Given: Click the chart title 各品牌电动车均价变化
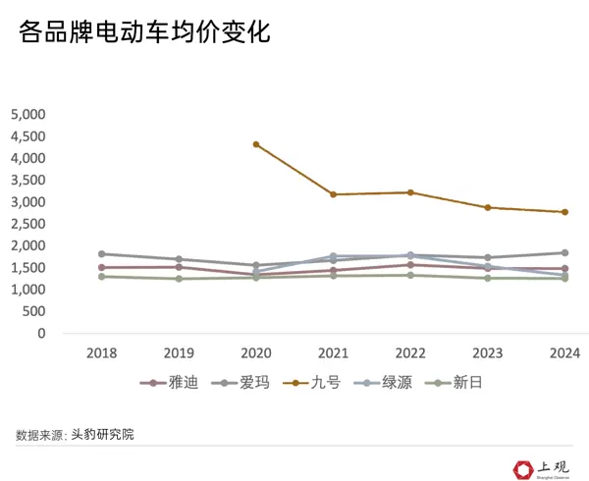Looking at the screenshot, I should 143,33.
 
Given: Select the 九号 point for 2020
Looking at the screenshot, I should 256,144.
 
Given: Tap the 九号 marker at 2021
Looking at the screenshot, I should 334,194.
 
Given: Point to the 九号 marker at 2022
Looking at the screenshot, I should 410,192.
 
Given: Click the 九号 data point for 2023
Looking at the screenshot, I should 488,207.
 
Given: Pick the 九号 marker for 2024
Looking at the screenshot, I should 565,212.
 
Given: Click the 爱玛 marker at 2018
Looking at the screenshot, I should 102,254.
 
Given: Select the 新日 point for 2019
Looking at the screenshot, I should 179,279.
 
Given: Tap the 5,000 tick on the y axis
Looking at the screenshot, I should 27,114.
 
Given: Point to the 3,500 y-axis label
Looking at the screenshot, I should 27,180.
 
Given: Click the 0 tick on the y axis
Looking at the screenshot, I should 41,334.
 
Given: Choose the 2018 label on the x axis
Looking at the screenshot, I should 102,352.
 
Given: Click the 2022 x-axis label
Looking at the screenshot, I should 410,352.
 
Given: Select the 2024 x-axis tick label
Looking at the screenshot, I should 565,352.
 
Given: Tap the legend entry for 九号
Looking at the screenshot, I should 313,383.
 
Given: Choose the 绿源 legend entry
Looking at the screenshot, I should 385,383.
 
